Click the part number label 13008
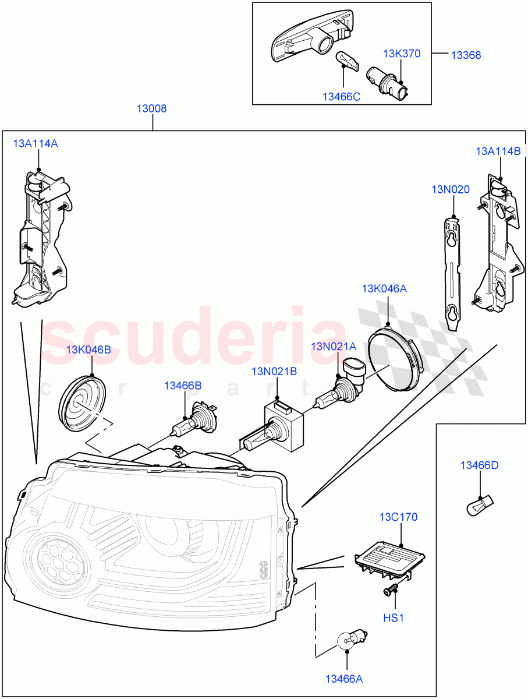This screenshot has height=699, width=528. point(152,108)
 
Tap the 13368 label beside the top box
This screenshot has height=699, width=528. point(466,55)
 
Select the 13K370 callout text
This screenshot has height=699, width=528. point(401,54)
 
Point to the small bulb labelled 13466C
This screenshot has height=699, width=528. point(345,60)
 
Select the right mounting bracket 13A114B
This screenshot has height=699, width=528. point(496,245)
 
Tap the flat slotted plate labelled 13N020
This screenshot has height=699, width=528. point(451,269)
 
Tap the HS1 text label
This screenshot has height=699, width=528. point(394,618)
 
